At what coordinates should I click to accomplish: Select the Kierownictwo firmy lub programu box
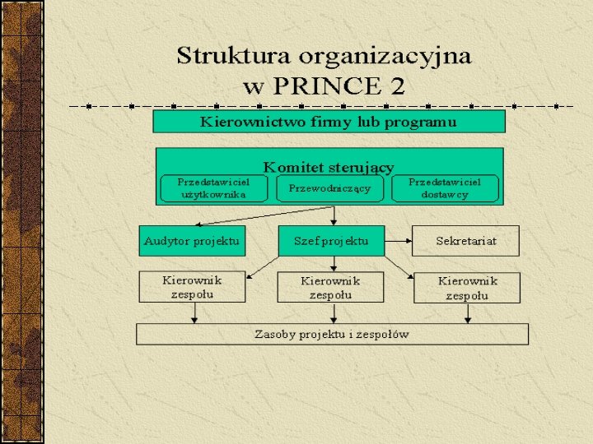tap(329, 122)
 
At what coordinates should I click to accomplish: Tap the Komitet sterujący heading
tap(329, 167)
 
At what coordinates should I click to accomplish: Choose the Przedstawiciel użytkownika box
tap(213, 188)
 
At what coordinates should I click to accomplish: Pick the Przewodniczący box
tap(329, 188)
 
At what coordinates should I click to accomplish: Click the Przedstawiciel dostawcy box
tap(445, 188)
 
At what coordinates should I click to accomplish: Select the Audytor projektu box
tap(192, 241)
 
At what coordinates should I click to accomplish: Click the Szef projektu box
tap(331, 241)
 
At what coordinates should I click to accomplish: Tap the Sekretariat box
tap(465, 241)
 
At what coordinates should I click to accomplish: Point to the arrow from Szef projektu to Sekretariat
tap(398, 241)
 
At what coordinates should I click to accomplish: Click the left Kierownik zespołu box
tap(192, 287)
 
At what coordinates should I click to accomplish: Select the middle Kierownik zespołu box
tap(330, 287)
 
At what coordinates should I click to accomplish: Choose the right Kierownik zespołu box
tap(466, 288)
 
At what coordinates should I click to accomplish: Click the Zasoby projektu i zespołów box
tap(332, 334)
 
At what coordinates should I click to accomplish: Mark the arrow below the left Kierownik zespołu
tap(194, 313)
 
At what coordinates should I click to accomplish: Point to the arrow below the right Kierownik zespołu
tap(468, 313)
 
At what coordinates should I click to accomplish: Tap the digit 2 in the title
tap(397, 85)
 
